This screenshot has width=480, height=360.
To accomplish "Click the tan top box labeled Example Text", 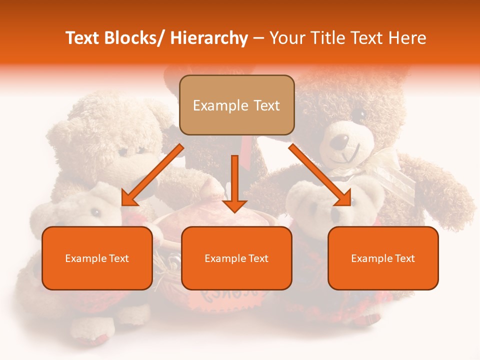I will [x=236, y=105].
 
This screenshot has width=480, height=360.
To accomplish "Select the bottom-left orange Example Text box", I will [x=97, y=258].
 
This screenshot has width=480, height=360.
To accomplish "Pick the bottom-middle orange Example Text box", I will [x=236, y=258].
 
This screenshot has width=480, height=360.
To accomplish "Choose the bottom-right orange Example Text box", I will [x=383, y=258].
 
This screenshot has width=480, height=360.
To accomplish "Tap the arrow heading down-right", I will [x=320, y=175].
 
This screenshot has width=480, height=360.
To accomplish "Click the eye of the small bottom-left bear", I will [x=94, y=212].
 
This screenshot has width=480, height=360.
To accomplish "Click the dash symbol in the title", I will [x=258, y=38].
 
